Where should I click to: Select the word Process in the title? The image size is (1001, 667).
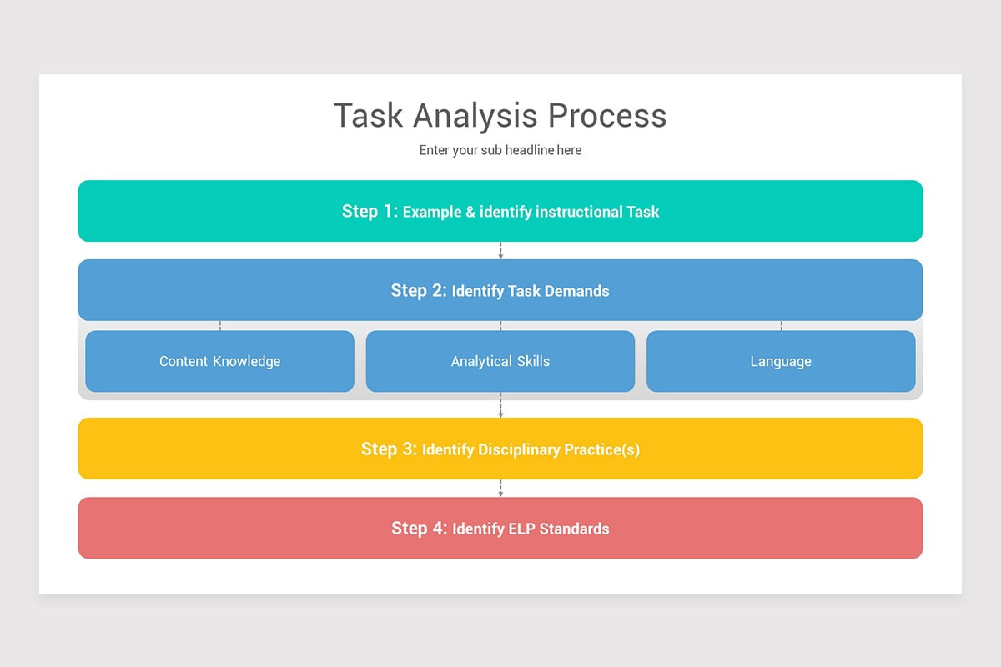coord(607,116)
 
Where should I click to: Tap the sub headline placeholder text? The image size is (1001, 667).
coord(500,151)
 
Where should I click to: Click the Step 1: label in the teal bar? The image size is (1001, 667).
coord(370,212)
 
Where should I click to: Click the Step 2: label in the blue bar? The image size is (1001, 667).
coord(419,291)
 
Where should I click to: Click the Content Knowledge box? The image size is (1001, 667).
coord(219,361)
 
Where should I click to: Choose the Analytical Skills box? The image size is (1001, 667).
coord(500,361)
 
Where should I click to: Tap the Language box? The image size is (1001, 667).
coord(781,361)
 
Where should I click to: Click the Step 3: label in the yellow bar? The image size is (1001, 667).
coord(389,449)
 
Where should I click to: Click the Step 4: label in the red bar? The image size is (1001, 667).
coord(420,529)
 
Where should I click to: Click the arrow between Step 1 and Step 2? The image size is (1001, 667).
coord(500,251)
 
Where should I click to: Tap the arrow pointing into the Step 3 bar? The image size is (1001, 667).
coord(500,409)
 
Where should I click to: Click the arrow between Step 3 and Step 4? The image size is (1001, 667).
coord(500,489)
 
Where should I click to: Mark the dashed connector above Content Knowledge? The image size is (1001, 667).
coord(220,325)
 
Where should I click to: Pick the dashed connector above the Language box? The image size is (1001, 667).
coord(781,325)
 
